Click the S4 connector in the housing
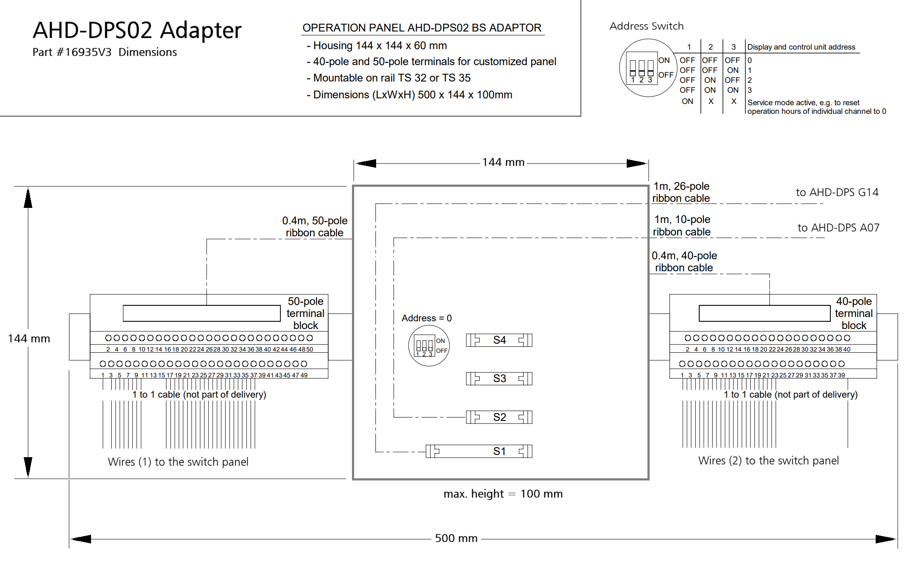point(499,340)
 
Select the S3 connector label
point(499,379)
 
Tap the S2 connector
point(499,417)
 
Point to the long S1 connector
point(479,451)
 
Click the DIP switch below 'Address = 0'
point(429,346)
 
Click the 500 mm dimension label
point(456,538)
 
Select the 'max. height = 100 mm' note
point(503,494)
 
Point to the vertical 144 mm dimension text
point(29,339)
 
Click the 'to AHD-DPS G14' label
point(837,192)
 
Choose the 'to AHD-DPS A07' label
point(838,228)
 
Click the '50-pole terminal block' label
point(305,313)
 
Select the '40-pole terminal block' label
point(854,313)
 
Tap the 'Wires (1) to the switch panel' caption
point(178,462)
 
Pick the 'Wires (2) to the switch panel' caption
point(769,461)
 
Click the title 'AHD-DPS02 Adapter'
point(137,30)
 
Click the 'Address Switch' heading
point(647,26)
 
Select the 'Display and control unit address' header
point(801,47)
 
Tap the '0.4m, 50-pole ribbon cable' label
point(314,227)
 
